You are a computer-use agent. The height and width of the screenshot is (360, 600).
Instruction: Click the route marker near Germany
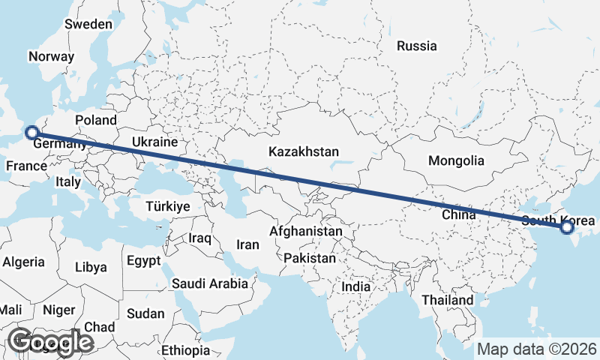31,133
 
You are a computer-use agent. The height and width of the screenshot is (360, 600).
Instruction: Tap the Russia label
416,46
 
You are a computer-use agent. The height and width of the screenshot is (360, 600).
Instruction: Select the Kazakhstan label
304,151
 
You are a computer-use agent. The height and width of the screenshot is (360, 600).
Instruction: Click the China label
459,214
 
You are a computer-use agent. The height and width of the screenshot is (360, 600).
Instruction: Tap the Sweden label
88,24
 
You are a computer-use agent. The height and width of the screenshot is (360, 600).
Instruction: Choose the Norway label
51,56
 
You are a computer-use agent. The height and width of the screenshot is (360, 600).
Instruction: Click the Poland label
96,120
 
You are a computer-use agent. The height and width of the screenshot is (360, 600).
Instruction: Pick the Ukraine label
154,142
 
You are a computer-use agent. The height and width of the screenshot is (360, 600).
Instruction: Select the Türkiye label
168,206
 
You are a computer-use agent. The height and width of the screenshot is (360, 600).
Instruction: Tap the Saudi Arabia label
210,283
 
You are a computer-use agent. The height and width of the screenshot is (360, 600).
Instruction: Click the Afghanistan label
306,232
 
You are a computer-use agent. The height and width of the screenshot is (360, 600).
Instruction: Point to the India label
355,286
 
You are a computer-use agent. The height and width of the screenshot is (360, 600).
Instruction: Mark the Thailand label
447,300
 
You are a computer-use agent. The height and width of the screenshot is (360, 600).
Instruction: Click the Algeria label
23,262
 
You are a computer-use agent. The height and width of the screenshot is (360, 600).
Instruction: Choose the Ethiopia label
185,350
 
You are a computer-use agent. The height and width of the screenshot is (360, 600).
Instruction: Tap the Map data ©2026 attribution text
536,349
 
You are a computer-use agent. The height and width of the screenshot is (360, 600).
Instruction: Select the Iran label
247,244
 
